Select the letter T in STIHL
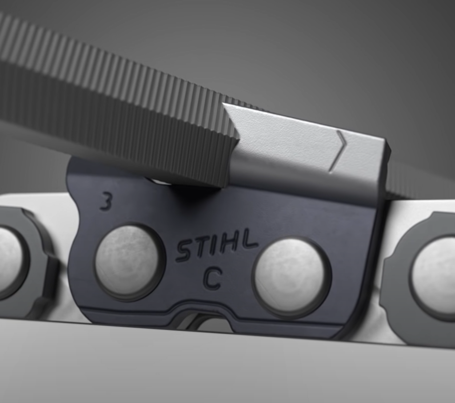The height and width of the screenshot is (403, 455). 200,247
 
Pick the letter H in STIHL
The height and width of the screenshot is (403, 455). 229,242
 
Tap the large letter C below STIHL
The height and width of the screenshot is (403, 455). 213,279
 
